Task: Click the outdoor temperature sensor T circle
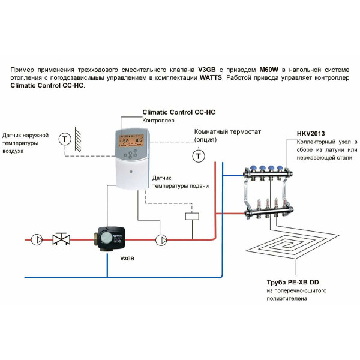click(x=64, y=139)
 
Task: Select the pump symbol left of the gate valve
click(x=37, y=239)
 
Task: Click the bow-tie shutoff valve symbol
click(x=61, y=239)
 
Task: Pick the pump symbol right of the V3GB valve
click(x=161, y=240)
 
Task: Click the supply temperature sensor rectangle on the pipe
click(x=193, y=217)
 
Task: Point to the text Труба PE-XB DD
click(x=292, y=281)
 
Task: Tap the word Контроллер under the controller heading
click(x=158, y=121)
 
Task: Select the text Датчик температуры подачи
click(x=180, y=182)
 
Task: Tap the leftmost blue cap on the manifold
click(x=248, y=169)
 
